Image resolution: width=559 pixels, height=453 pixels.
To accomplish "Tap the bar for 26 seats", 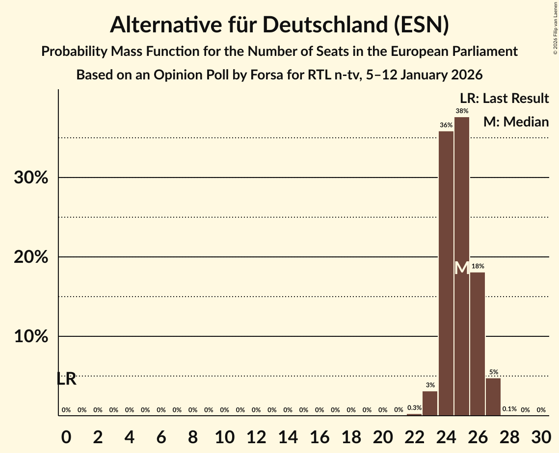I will (478, 344).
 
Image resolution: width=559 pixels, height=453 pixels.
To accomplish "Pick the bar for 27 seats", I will (493, 397).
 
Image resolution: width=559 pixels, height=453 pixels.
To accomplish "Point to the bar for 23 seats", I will (430, 403).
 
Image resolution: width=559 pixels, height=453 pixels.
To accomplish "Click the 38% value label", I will (462, 111).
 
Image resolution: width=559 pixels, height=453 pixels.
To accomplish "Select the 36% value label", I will (446, 126).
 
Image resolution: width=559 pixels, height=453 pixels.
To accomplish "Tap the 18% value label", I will (478, 266).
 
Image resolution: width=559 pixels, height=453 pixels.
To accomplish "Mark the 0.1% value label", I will (509, 409).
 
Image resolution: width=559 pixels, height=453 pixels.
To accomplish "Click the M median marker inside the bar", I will (462, 268).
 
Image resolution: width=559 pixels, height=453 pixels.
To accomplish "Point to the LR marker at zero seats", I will (66, 379).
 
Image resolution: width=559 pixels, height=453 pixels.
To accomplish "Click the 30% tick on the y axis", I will (31, 178).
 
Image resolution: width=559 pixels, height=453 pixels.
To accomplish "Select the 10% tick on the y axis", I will (31, 337).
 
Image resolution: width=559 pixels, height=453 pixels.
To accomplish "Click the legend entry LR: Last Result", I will (504, 99).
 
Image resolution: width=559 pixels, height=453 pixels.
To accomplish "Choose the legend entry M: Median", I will (516, 122).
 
